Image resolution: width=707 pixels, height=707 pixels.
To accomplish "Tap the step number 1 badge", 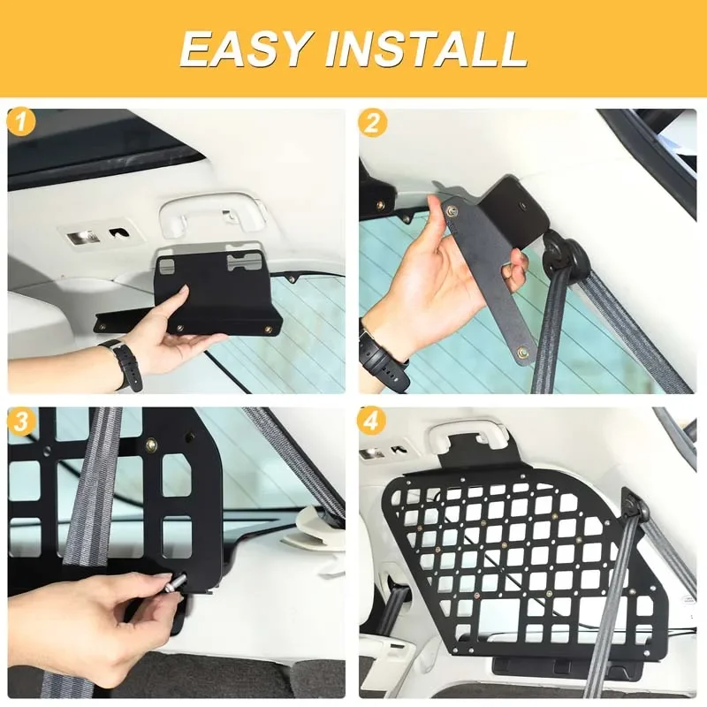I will [x=21, y=122].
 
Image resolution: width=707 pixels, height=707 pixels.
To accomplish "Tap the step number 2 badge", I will [x=372, y=122].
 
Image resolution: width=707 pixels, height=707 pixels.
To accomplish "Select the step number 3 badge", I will [x=21, y=421].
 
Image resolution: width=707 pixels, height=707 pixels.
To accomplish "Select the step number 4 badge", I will [x=372, y=421].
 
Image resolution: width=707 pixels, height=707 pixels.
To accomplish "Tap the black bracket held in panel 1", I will [x=212, y=292].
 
